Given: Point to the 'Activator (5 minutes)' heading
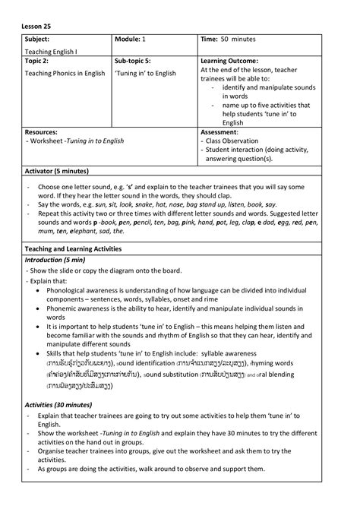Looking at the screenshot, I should (x=62, y=172).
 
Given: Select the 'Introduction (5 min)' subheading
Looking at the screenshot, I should (x=58, y=260).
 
